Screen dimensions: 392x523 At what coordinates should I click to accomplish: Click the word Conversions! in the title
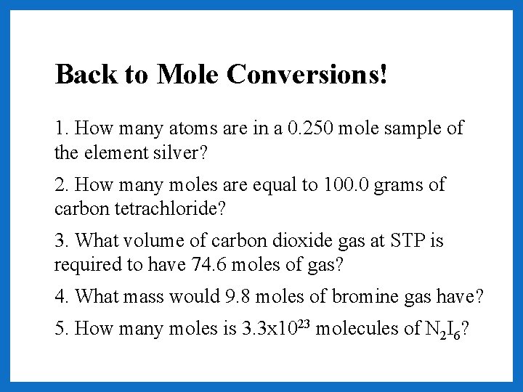pyautogui.click(x=307, y=73)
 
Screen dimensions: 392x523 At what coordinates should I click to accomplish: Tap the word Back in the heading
pyautogui.click(x=81, y=73)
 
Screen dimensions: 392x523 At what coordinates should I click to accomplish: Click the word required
pyautogui.click(x=89, y=264)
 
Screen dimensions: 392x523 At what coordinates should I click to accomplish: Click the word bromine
pyautogui.click(x=364, y=296)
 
